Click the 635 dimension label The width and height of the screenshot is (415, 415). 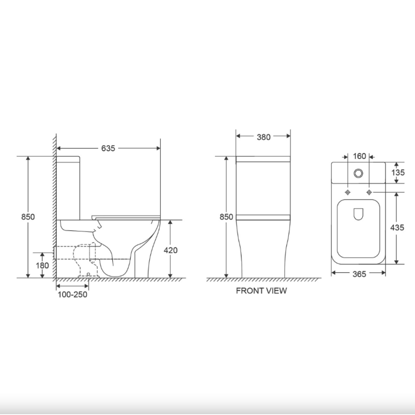108,148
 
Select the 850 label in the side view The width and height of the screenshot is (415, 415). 28,217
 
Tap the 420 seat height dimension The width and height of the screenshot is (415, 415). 171,250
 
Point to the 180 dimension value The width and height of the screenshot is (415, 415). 42,265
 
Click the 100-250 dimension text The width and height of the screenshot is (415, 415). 73,294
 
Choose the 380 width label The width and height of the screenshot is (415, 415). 264,137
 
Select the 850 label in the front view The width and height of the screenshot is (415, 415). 226,217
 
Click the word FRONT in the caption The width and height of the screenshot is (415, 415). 250,290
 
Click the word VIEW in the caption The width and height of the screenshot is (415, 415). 276,290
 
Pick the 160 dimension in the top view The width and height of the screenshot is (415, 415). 359,156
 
